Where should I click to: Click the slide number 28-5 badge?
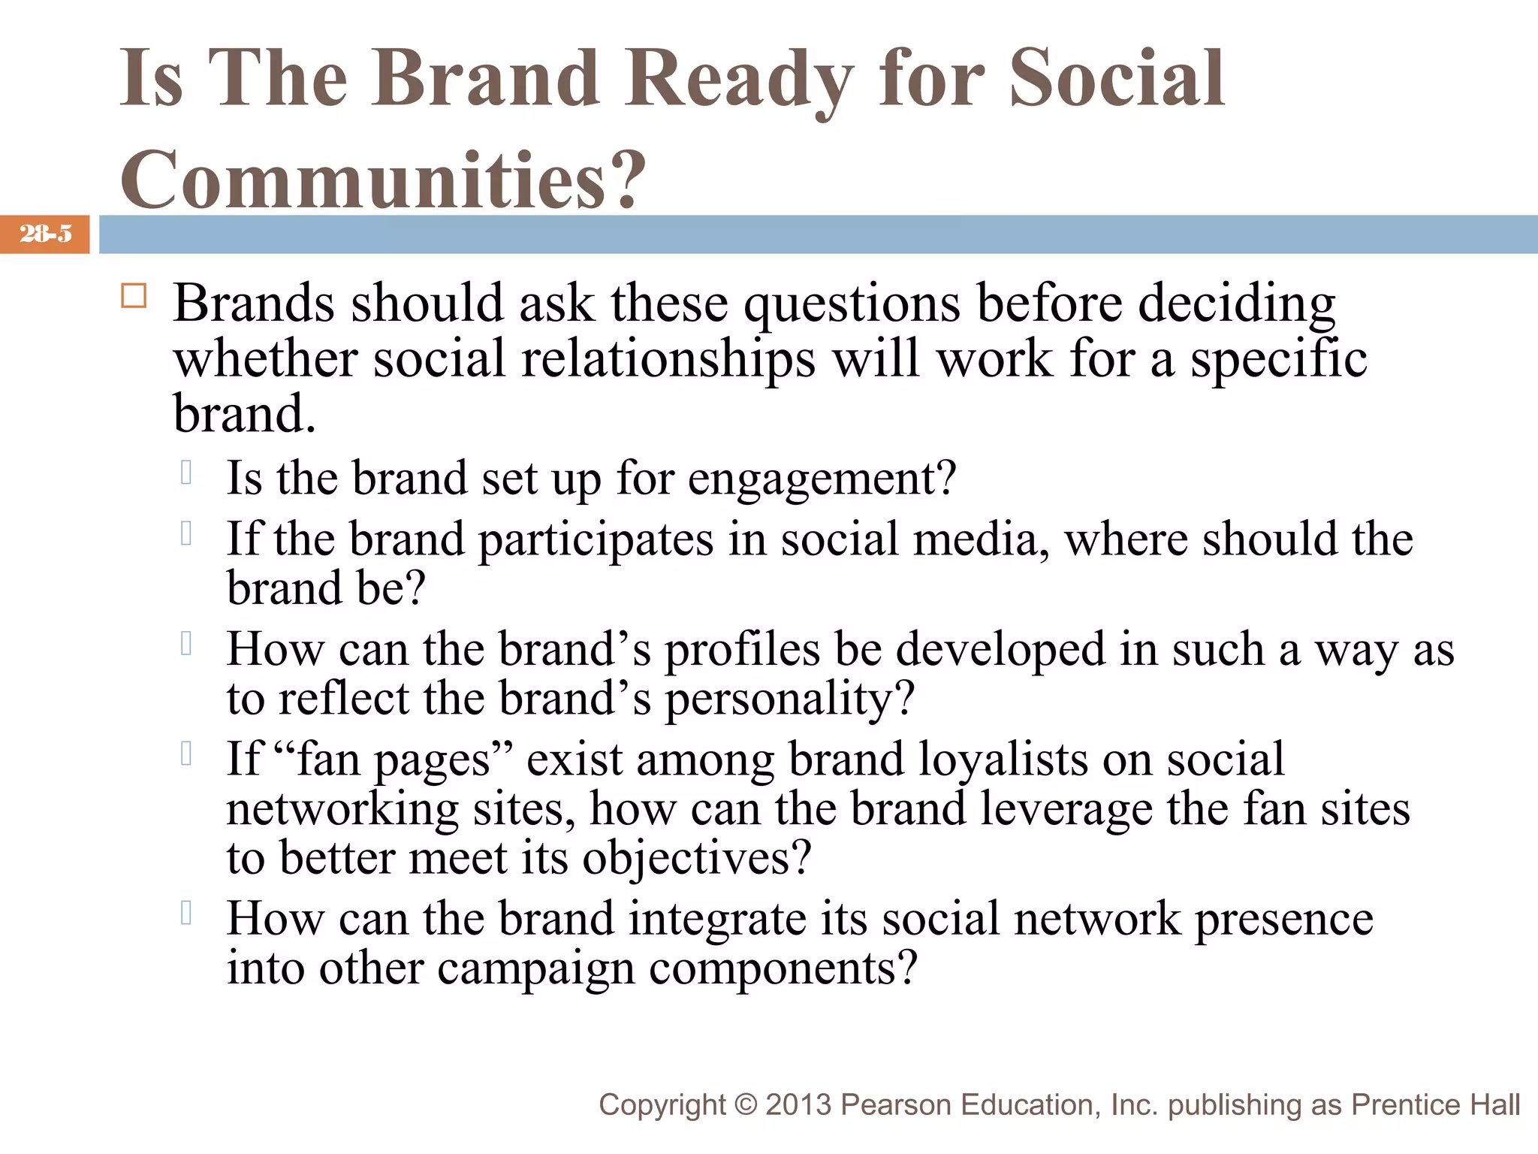45,234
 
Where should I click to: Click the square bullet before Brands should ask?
134,296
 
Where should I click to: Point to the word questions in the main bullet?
852,304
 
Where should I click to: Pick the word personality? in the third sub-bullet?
789,699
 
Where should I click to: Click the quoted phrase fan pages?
395,759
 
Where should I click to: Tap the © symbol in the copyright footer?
746,1104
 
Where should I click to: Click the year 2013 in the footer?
798,1104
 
